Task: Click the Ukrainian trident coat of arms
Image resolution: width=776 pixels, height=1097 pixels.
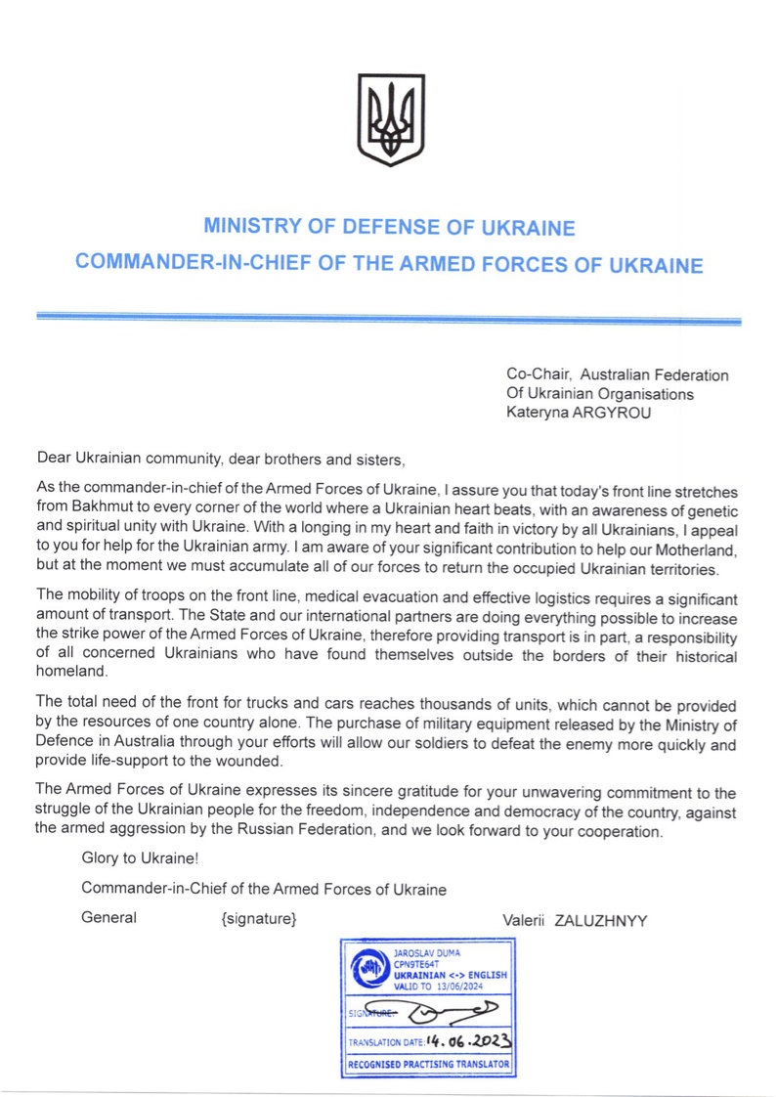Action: pos(391,120)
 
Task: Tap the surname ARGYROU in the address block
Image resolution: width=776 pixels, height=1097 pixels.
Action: pos(618,413)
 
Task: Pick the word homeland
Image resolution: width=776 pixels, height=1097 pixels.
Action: pos(71,673)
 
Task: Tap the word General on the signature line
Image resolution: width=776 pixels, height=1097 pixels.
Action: pos(108,918)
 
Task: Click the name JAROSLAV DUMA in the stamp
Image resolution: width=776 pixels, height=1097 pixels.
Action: pos(425,950)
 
